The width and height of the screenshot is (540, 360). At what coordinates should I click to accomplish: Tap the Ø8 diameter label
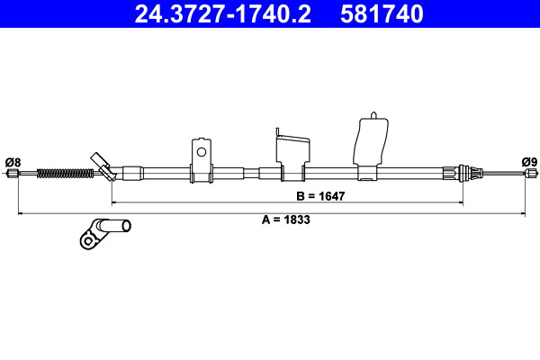13,162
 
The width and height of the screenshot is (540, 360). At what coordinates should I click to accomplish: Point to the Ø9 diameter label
529,162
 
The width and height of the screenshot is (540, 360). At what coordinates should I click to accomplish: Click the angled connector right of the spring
101,166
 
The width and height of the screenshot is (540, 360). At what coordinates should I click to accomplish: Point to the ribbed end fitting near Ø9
464,173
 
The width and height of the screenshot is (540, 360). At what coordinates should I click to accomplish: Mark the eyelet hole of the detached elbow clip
87,239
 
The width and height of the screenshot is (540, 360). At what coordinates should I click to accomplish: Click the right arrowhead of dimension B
461,202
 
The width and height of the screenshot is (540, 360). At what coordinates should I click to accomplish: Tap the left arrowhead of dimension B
113,202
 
